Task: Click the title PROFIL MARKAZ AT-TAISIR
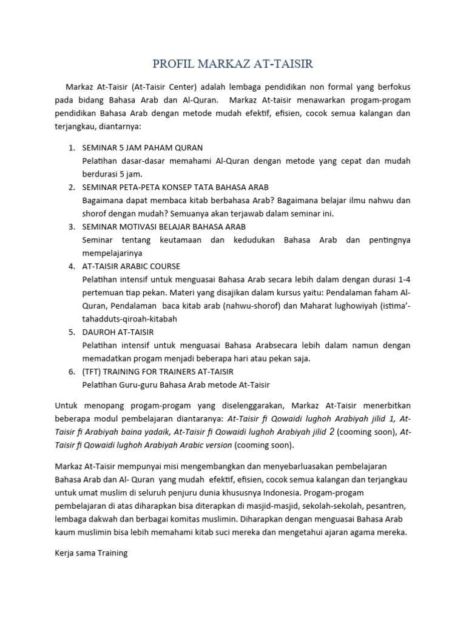click(x=233, y=64)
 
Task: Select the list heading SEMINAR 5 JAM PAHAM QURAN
click(x=142, y=147)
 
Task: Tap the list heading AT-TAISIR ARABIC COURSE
click(x=131, y=266)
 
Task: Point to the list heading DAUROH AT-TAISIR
click(x=118, y=332)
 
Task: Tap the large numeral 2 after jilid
click(x=331, y=432)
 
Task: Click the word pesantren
click(x=389, y=506)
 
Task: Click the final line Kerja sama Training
click(x=91, y=554)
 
